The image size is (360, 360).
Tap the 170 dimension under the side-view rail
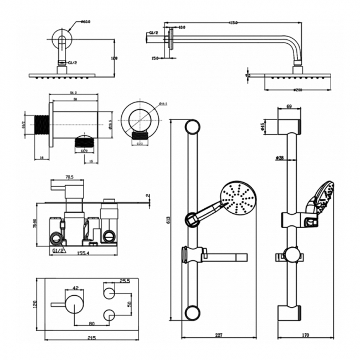coord(306,334)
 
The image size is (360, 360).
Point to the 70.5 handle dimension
coord(70,178)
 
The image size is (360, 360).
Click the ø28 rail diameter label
coord(280,158)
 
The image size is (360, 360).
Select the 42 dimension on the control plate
coord(76,287)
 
